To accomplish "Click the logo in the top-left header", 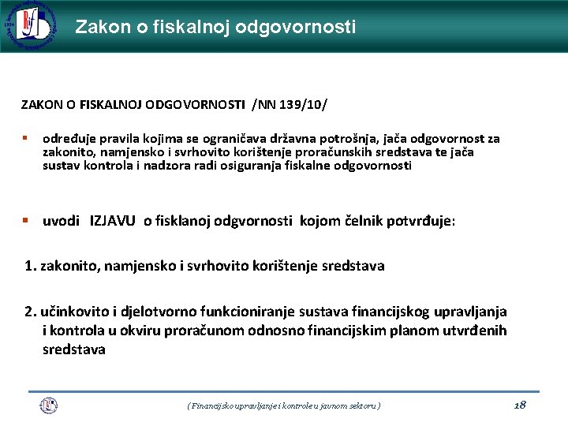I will [x=29, y=26].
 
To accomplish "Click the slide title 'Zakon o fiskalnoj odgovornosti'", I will [x=215, y=27].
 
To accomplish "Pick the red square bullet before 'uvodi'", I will [x=25, y=221].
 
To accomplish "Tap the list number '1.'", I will [x=31, y=266].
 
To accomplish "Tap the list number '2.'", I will [x=31, y=312].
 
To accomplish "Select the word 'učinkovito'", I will [x=74, y=312].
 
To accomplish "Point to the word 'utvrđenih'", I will [x=475, y=331].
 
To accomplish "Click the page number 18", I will [x=519, y=405].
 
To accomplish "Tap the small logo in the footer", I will [x=49, y=405].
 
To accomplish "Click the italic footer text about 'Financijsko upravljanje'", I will [x=284, y=405].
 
